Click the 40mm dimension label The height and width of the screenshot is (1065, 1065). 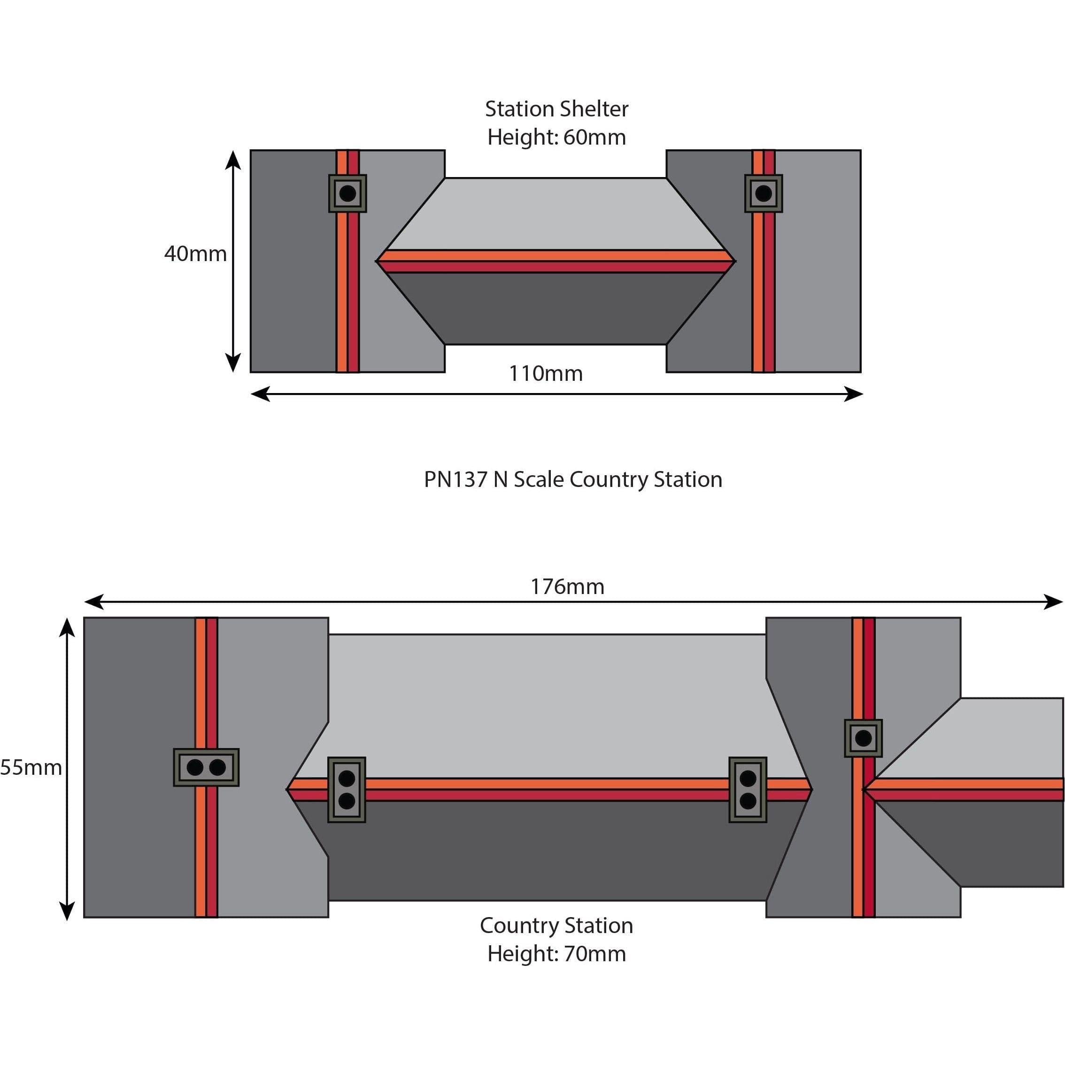(x=195, y=254)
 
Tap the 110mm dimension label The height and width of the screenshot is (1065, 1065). (x=545, y=374)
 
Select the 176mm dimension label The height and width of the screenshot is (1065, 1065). (x=567, y=587)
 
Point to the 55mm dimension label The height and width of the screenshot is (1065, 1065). (x=31, y=767)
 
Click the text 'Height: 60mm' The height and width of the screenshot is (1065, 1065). (x=556, y=137)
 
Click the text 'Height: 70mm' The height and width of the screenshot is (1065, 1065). (x=556, y=954)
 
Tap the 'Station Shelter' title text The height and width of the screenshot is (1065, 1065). (x=556, y=109)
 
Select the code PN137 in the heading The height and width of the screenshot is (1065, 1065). (x=455, y=479)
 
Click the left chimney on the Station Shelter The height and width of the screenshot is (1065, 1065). (x=347, y=193)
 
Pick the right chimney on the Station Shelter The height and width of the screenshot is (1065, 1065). (x=764, y=193)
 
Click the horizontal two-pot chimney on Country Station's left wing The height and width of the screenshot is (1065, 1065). (x=206, y=767)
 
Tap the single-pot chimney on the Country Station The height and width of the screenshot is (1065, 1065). (x=863, y=738)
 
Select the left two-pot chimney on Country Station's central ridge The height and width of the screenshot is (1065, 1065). (x=347, y=790)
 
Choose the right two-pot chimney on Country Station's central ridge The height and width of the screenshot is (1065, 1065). (x=748, y=790)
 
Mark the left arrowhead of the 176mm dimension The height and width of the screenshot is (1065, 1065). (x=93, y=602)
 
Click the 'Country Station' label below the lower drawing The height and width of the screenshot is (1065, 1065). (x=556, y=926)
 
